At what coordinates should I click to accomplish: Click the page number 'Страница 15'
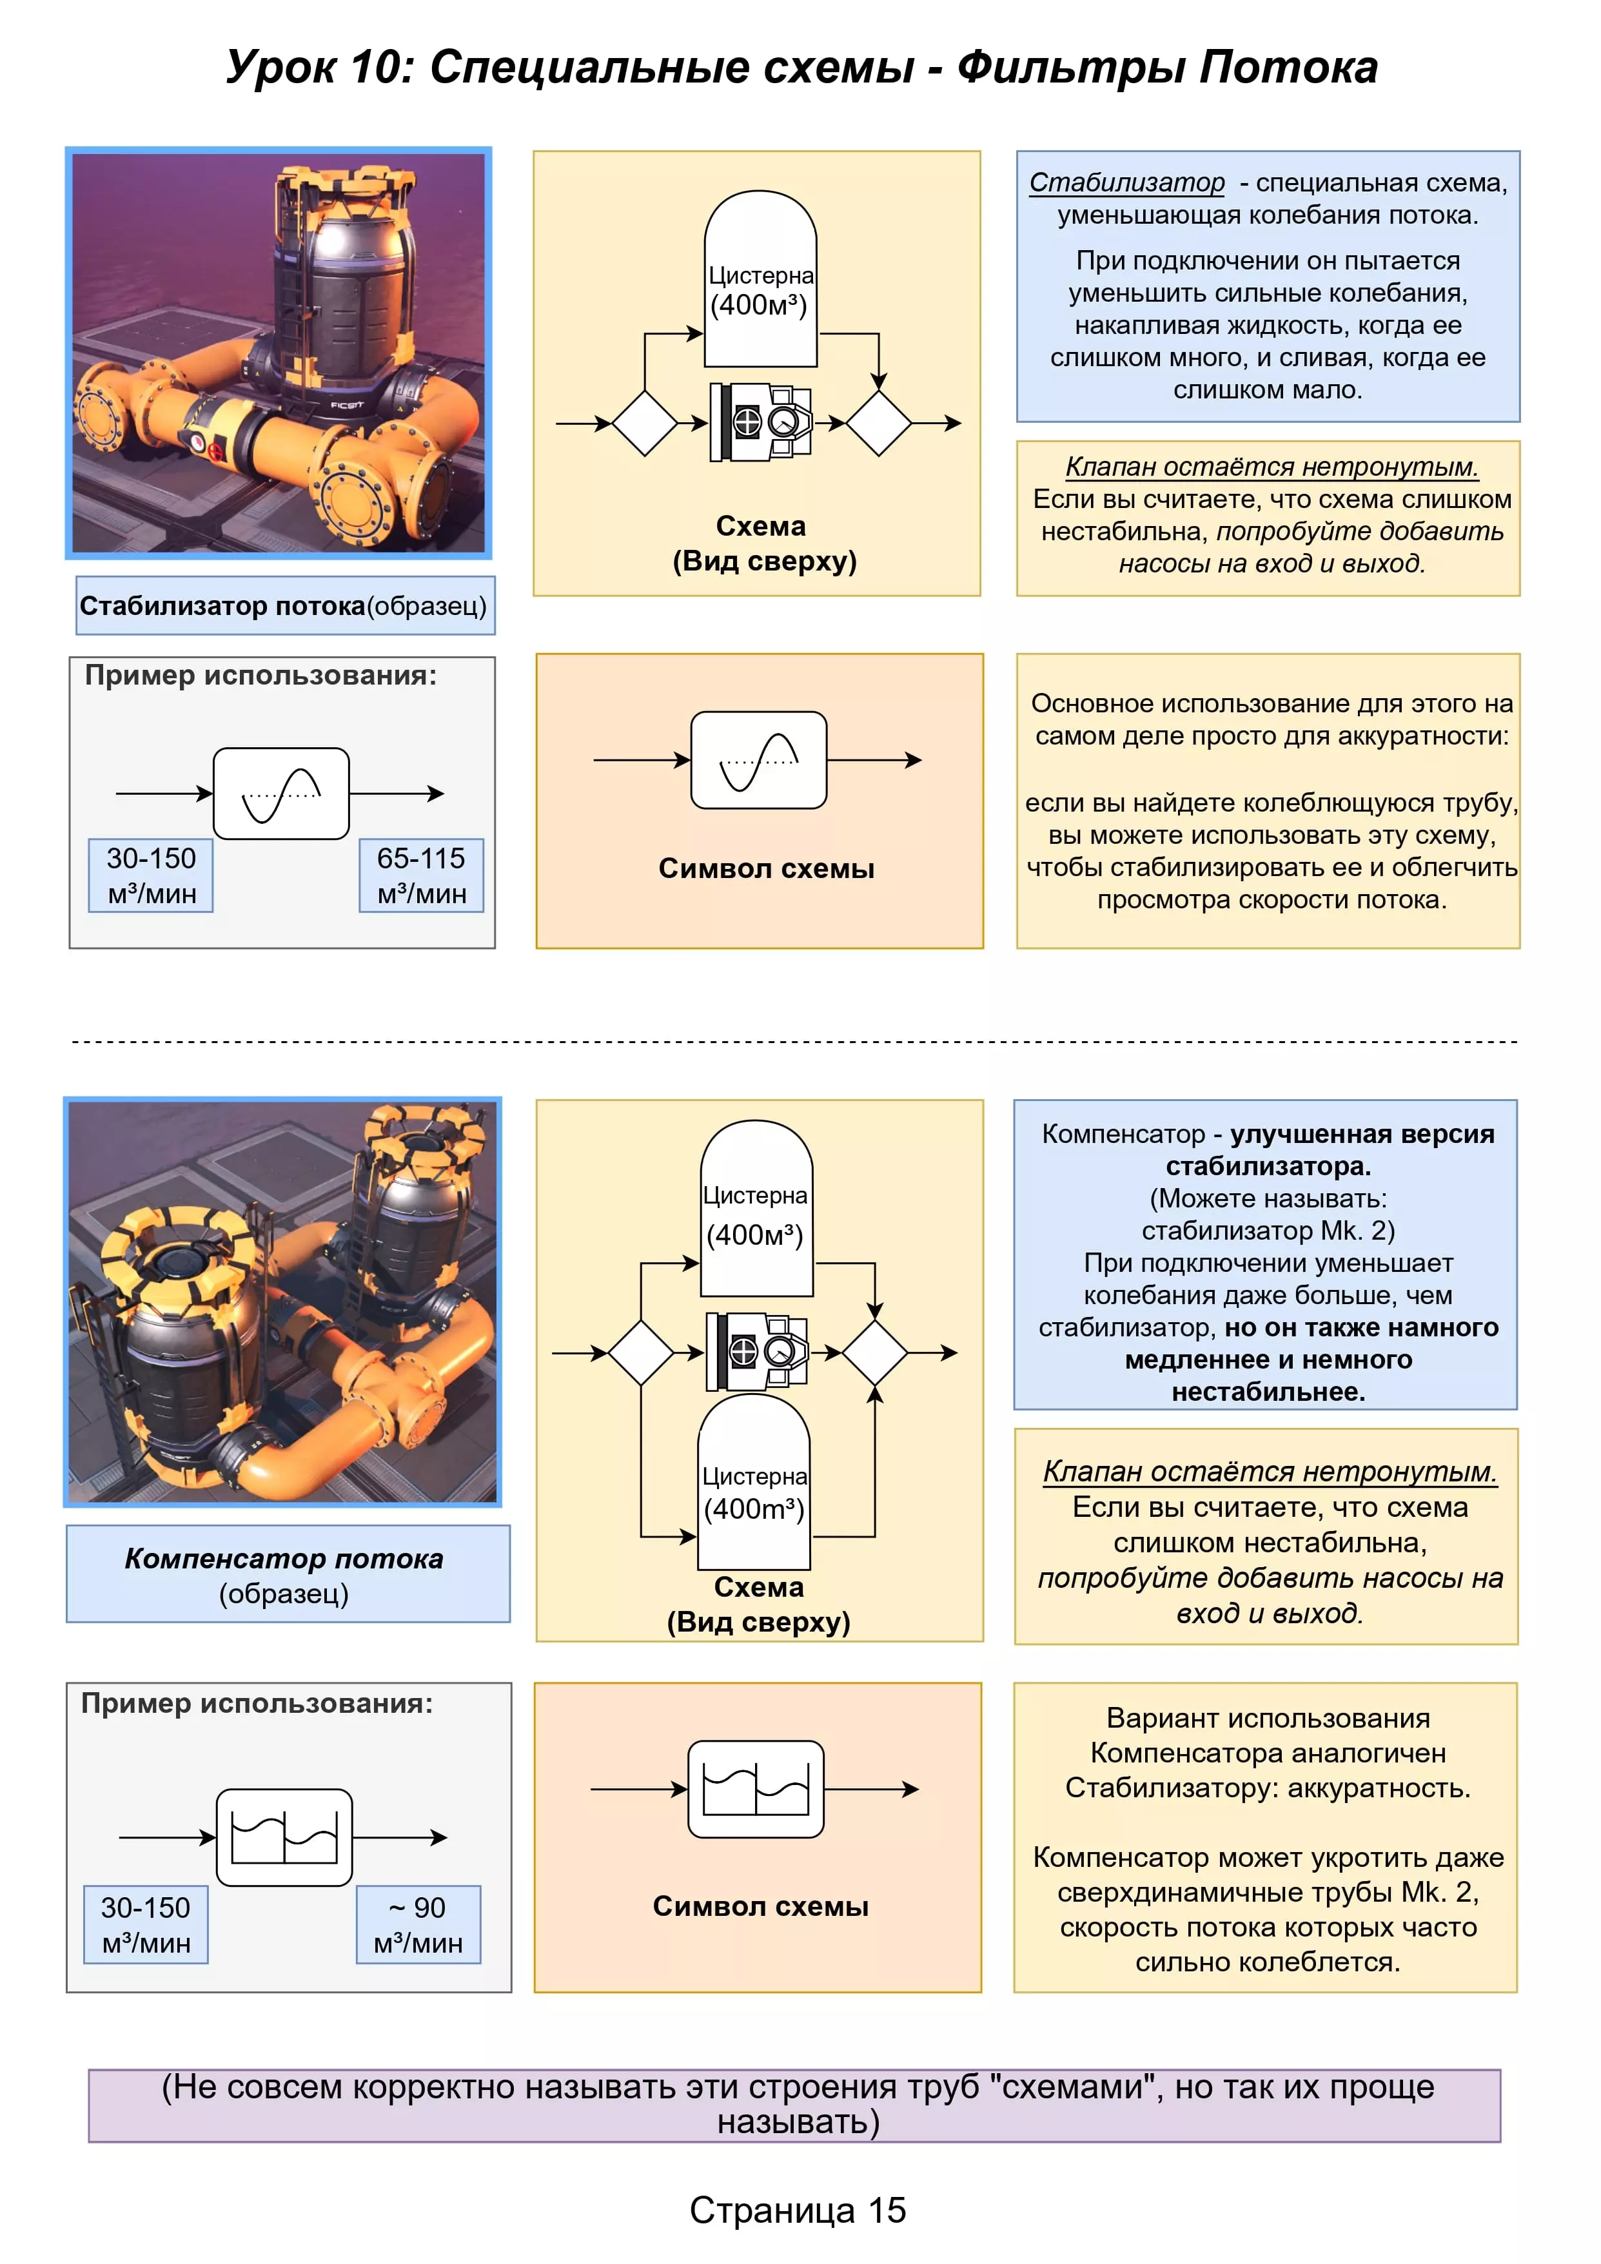[797, 2210]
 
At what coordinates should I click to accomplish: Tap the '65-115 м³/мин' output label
[421, 875]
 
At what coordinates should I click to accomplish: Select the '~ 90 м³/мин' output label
[418, 1925]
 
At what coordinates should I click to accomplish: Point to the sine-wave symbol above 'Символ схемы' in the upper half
[758, 760]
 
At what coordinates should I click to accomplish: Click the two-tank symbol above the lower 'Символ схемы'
[756, 1789]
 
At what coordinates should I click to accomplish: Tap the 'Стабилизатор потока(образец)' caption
[284, 605]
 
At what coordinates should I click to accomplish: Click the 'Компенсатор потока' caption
[284, 1558]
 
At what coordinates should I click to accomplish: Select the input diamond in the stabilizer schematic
[644, 423]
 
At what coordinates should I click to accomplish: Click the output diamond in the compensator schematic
[874, 1353]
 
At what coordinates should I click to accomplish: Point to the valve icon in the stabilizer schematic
[761, 423]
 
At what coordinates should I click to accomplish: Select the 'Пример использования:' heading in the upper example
[260, 676]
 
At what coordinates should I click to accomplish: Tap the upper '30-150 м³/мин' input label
[151, 875]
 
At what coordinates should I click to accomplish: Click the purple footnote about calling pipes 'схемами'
[797, 2104]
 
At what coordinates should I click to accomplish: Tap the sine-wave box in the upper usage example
[281, 794]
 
